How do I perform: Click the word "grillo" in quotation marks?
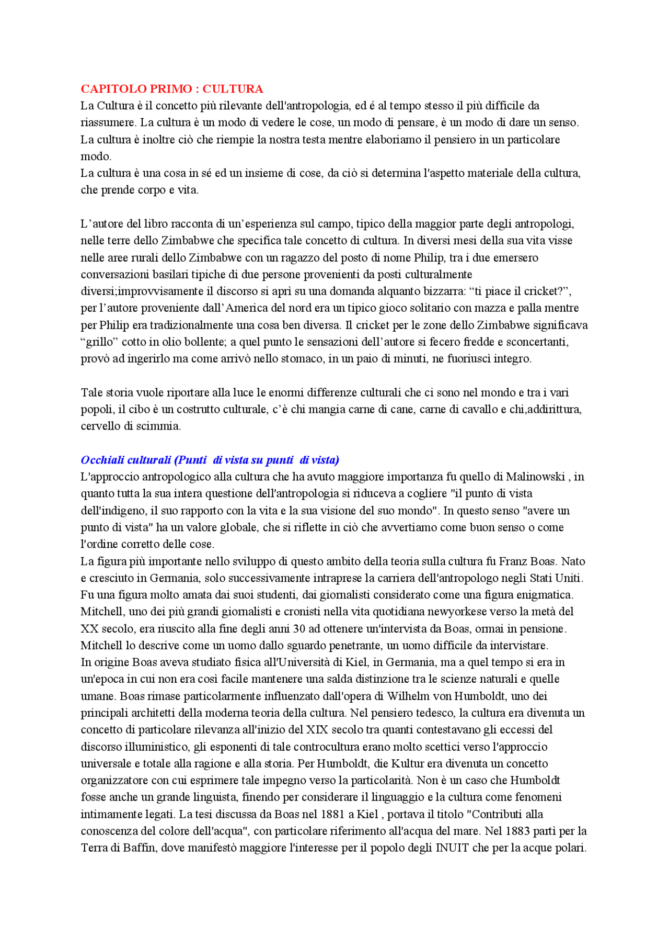pos(99,342)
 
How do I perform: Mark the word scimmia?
pos(158,426)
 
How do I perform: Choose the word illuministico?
pos(154,747)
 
